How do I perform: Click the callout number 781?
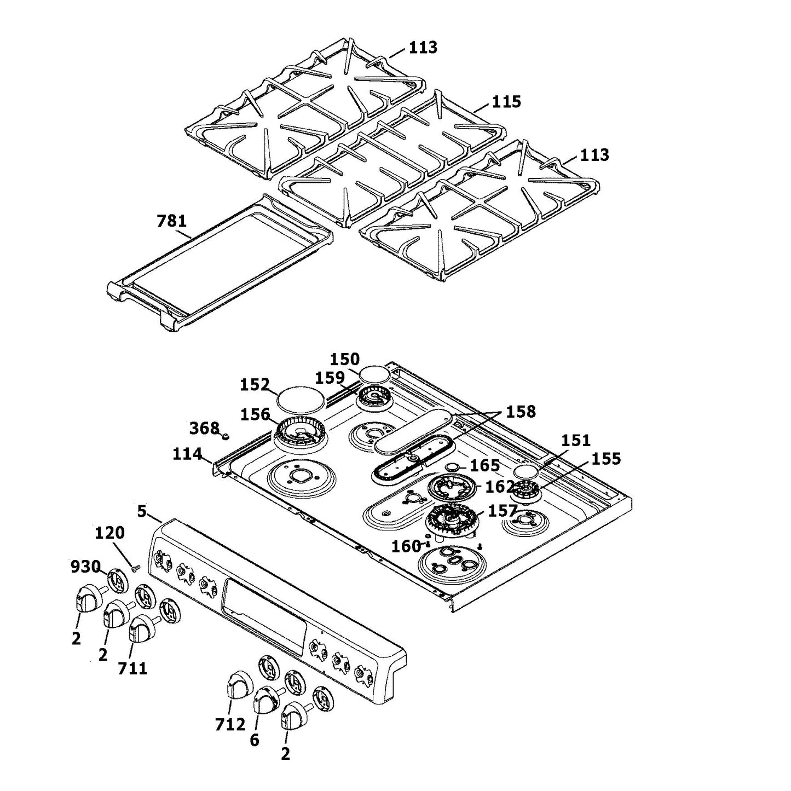[x=171, y=221]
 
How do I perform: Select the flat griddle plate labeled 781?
[x=219, y=263]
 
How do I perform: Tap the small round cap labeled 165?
[x=453, y=467]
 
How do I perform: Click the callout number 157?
[x=502, y=511]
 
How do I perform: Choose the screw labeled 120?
[x=136, y=568]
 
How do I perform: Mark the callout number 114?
[x=187, y=454]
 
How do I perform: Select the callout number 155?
[x=606, y=459]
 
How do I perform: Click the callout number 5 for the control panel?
[x=142, y=511]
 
